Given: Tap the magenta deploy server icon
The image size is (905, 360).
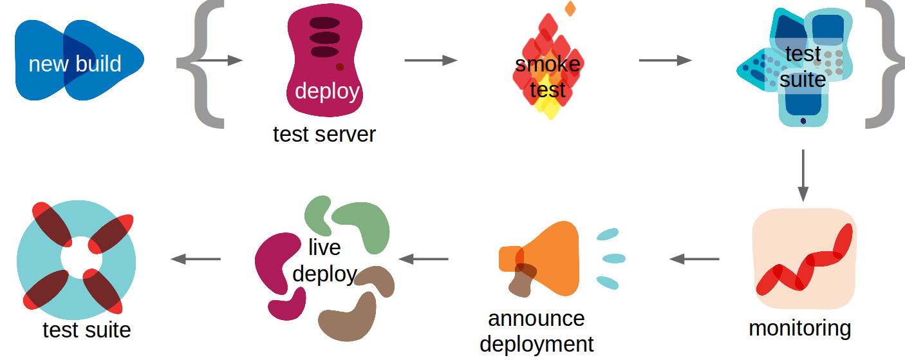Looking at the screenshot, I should (324, 61).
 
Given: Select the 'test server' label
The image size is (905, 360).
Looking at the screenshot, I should (324, 135).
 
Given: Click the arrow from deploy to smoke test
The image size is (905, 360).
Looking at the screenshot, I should (431, 61).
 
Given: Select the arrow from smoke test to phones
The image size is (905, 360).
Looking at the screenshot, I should (665, 61).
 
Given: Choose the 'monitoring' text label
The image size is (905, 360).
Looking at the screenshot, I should (799, 328).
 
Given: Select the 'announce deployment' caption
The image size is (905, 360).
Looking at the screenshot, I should (536, 331).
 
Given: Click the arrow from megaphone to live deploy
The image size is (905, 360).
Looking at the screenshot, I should (424, 259).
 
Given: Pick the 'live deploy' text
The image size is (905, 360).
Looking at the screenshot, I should (324, 261).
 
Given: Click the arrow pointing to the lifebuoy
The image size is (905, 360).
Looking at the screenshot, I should (196, 259).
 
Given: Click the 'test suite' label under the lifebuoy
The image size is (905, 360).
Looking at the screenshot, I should (87, 330).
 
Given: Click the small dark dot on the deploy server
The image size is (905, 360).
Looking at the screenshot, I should (340, 66).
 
